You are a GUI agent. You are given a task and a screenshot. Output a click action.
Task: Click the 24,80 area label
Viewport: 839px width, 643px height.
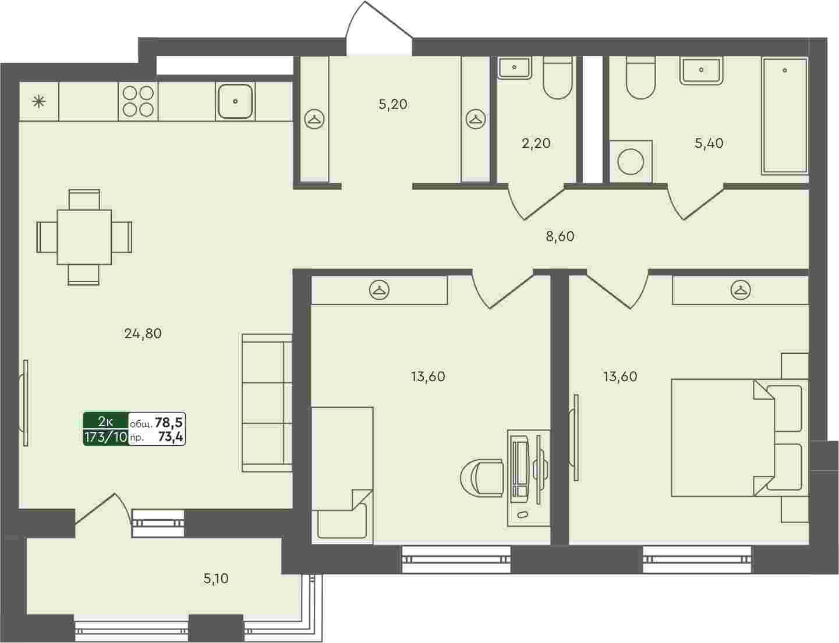point(143,333)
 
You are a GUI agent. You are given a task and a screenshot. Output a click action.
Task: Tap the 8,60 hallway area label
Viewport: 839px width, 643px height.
point(560,236)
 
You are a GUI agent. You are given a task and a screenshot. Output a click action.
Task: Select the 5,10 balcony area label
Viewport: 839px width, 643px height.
point(216,578)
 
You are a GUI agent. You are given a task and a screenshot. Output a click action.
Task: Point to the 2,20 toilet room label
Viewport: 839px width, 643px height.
point(536,144)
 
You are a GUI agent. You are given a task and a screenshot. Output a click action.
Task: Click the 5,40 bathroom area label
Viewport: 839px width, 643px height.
point(709,144)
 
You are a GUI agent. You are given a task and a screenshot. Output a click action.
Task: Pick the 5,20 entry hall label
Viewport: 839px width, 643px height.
point(393,104)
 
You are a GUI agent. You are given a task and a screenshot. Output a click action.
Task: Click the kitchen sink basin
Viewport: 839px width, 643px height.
point(235,101)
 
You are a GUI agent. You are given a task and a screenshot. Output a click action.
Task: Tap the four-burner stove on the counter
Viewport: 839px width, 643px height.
point(138,101)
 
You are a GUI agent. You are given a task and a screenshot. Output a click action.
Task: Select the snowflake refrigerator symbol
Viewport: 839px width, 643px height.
point(38,102)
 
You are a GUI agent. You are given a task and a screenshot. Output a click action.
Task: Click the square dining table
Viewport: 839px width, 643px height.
point(84,237)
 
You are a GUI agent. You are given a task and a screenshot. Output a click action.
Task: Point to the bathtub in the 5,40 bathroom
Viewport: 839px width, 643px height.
point(784,116)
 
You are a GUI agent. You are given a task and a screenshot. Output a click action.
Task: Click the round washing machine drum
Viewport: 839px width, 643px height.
point(631,162)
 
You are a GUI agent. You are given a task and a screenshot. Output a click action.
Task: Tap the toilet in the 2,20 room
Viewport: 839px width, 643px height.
point(558,78)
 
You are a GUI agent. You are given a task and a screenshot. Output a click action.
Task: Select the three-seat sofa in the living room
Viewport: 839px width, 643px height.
point(267,403)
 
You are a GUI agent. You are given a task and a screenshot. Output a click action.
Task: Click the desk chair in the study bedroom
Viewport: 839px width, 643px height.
point(483,478)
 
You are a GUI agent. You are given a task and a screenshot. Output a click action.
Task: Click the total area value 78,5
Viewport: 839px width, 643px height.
point(169,422)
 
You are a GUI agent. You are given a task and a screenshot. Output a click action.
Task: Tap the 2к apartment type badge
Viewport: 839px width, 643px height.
point(105,421)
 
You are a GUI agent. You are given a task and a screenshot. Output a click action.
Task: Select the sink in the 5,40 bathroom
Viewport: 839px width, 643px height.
point(701,71)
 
